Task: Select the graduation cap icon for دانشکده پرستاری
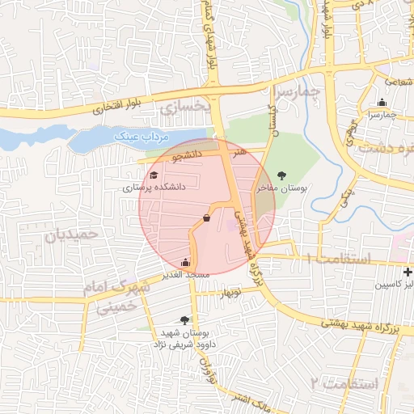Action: pos(154,175)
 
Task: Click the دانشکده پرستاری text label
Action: pos(154,187)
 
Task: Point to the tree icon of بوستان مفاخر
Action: pos(281,175)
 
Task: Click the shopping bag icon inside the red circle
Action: pos(207,218)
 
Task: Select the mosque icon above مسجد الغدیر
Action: pos(186,262)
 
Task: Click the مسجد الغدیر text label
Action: pos(187,275)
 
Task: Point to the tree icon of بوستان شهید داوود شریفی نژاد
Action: pos(185,320)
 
